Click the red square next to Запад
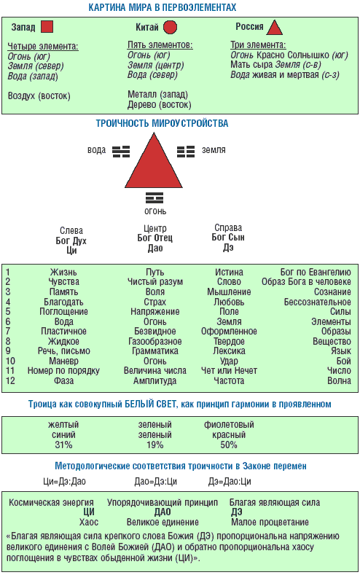pyautogui.click(x=47, y=27)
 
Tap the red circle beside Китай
pyautogui.click(x=170, y=27)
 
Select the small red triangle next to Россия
pyautogui.click(x=275, y=27)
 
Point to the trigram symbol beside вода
pyautogui.click(x=121, y=151)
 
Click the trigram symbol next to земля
pyautogui.click(x=186, y=151)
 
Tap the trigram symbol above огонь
pyautogui.click(x=154, y=197)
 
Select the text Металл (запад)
pyautogui.click(x=157, y=94)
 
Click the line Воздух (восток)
pyautogui.click(x=39, y=96)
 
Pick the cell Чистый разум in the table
pyautogui.click(x=155, y=281)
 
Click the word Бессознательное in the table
pyautogui.click(x=317, y=302)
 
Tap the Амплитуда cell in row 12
pyautogui.click(x=154, y=380)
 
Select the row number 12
pyautogui.click(x=10, y=380)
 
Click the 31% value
pyautogui.click(x=63, y=445)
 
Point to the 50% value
pyautogui.click(x=229, y=445)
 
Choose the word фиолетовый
pyautogui.click(x=229, y=425)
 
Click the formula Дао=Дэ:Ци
pyautogui.click(x=155, y=481)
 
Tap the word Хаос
pyautogui.click(x=89, y=522)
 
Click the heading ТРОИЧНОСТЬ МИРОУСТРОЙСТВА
pyautogui.click(x=162, y=123)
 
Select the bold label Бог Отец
pyautogui.click(x=154, y=238)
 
